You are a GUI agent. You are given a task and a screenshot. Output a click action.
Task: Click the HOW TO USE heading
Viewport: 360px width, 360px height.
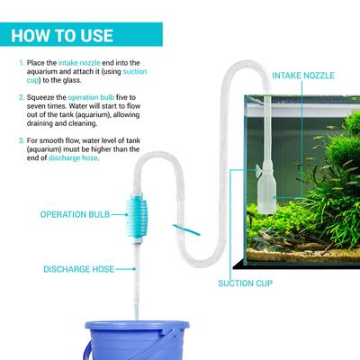coord(62,36)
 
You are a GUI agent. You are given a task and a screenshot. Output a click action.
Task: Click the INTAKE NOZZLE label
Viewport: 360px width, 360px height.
coord(303,75)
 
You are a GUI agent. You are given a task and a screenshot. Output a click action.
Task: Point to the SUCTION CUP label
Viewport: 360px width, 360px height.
coord(244,283)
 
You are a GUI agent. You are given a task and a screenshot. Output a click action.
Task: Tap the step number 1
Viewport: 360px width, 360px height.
coord(20,63)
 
